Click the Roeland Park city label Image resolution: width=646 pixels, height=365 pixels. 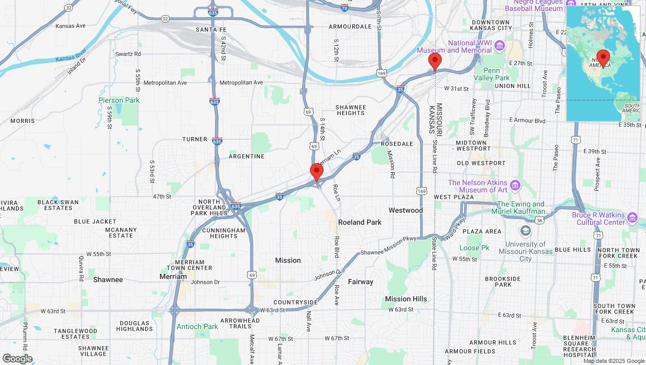point(359,222)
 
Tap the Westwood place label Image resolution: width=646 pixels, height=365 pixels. point(405,210)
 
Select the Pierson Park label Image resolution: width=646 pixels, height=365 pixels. point(119,100)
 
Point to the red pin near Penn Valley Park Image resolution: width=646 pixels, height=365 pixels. point(435,62)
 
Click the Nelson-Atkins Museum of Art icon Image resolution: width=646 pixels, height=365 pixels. point(515,185)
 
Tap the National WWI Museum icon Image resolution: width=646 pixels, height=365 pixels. point(500,46)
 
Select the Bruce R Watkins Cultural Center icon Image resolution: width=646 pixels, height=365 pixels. point(632,217)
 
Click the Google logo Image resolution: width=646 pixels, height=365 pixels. point(17,359)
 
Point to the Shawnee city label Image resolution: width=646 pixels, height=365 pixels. point(108,279)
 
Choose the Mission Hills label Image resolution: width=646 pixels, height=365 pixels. point(406,299)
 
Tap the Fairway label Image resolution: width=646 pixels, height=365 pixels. point(361,282)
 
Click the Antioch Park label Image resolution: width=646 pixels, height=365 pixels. point(197,326)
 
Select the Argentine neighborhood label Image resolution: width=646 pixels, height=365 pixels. point(246,156)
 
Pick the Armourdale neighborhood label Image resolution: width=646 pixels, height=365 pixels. point(350,26)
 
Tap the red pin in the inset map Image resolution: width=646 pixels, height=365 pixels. point(603,58)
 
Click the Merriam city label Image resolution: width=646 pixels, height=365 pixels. point(173,276)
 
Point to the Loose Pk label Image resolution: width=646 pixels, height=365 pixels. point(475,248)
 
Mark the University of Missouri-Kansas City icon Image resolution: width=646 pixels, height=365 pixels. point(525,230)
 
